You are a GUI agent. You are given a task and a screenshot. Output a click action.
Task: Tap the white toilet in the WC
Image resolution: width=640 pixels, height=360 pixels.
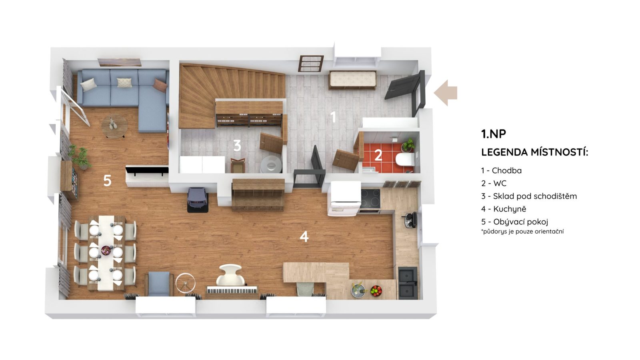point(405,160)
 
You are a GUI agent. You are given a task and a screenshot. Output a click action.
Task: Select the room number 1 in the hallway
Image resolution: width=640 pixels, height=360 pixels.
point(333,117)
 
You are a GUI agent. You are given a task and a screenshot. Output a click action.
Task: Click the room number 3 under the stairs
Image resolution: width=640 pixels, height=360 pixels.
point(237,145)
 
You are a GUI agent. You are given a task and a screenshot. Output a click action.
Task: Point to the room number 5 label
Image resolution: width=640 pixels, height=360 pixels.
point(107,180)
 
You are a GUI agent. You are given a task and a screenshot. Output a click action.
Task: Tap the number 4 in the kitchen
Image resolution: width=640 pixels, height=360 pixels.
point(304,236)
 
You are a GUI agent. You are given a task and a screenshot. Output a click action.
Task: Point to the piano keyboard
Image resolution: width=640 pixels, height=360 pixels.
point(232,290)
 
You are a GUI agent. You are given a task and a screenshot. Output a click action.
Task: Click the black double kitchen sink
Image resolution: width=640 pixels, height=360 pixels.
point(408,283)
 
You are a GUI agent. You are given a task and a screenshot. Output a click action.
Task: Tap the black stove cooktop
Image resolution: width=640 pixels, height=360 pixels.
point(370,198)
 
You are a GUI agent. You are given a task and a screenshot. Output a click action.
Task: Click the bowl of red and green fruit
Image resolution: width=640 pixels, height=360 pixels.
point(376,291)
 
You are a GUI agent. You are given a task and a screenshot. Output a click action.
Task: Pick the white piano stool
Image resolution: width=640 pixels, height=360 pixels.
point(231,275)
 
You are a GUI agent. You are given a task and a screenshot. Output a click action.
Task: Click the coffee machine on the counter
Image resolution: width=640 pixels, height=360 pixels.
point(410,220)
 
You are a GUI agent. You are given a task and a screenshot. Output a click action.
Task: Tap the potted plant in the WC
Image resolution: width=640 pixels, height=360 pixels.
point(408,145)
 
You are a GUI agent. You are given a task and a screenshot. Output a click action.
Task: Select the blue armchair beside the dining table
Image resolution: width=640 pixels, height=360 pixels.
point(159,284)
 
